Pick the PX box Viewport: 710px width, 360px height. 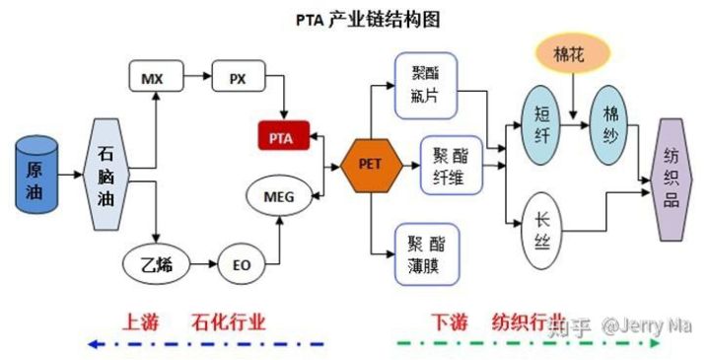click(237, 76)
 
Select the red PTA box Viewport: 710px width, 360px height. click(283, 135)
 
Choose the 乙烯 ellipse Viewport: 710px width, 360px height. click(156, 264)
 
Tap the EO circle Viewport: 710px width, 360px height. click(241, 264)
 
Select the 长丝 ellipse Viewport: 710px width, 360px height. click(541, 229)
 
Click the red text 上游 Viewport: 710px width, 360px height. click(139, 322)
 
